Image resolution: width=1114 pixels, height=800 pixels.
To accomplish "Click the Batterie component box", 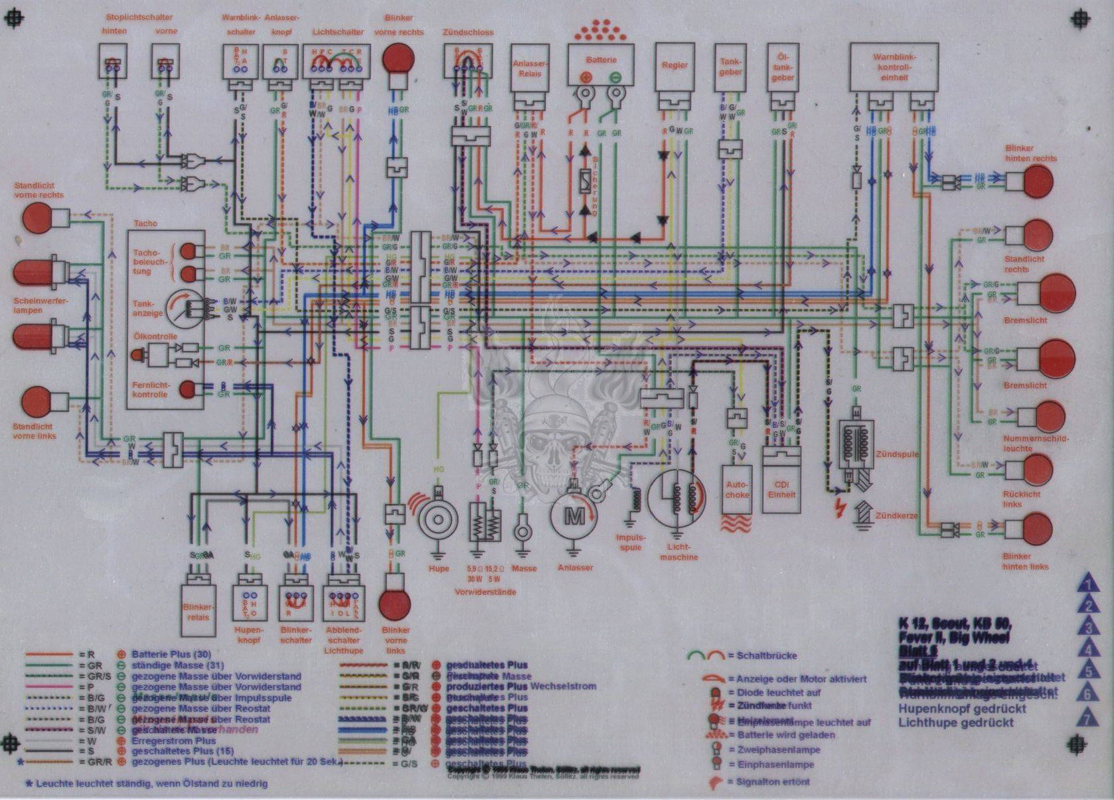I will coord(601,65).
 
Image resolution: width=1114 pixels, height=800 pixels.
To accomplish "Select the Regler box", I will coord(675,66).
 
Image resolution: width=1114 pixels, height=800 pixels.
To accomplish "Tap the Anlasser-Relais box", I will coord(529,68).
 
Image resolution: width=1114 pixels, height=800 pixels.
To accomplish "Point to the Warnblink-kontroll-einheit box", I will coord(894,67).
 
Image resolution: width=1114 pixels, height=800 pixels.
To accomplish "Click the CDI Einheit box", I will coord(781,480).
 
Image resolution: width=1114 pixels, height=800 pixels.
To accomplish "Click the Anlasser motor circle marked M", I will coord(574,515).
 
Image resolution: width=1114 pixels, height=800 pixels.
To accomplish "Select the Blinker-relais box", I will coord(198,603).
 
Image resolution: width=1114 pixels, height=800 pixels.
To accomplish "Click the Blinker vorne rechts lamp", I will coord(398,60).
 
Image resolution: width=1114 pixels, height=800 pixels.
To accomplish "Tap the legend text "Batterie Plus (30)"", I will coord(171,654).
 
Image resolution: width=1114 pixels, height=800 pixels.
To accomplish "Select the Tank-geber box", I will coord(730,67).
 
